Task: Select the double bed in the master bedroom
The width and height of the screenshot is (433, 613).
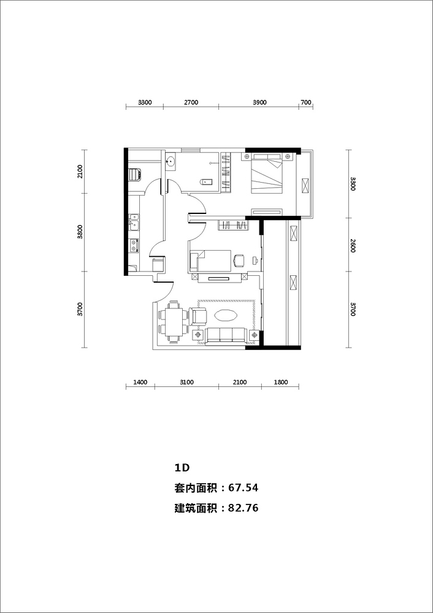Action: click(266, 173)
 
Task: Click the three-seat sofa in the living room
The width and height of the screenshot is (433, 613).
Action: click(226, 336)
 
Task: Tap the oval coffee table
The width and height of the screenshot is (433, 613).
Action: click(226, 315)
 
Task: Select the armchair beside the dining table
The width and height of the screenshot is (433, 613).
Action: click(198, 316)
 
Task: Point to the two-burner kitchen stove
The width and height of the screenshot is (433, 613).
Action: click(134, 246)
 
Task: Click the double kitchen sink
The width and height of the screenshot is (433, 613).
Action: click(134, 222)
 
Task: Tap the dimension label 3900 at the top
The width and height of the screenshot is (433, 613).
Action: click(259, 102)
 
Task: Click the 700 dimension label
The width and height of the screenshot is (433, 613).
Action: click(306, 102)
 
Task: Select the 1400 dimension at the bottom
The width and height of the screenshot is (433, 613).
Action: click(140, 382)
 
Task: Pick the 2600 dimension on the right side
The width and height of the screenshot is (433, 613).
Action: click(353, 245)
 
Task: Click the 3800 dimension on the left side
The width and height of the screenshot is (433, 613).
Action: click(80, 232)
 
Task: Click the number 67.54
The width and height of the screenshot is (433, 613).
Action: click(243, 488)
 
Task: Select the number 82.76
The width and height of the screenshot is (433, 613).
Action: click(243, 508)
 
